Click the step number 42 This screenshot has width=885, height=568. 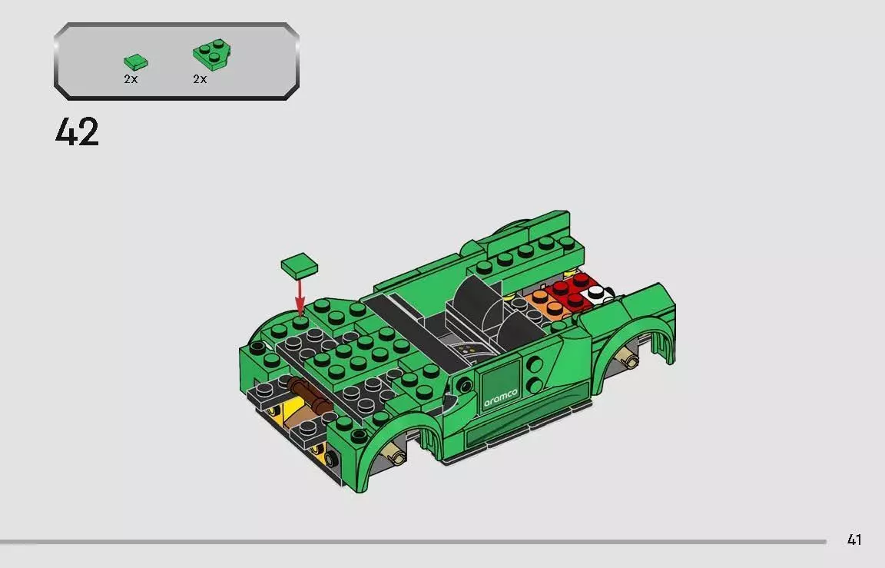tap(77, 132)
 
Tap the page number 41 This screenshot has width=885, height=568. tap(854, 540)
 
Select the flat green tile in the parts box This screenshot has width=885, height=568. tap(136, 61)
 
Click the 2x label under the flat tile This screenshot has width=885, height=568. tap(131, 79)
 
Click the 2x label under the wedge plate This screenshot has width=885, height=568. tap(200, 79)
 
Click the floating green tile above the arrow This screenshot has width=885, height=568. tap(300, 265)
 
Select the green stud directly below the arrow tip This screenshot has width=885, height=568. tap(300, 322)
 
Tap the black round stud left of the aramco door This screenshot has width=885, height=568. tap(462, 384)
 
